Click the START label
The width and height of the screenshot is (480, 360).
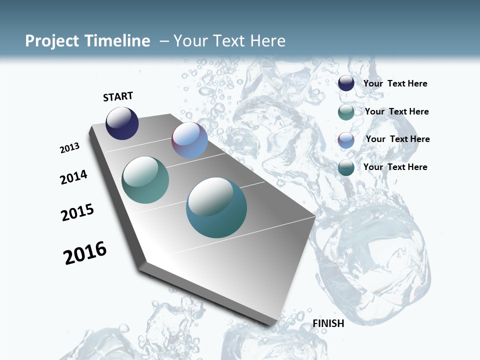pyautogui.click(x=118, y=96)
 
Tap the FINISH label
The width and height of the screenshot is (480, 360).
pyautogui.click(x=328, y=323)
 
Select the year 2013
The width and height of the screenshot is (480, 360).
pyautogui.click(x=70, y=148)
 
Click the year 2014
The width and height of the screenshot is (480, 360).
pyautogui.click(x=73, y=177)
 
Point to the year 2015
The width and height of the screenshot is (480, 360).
pyautogui.click(x=77, y=212)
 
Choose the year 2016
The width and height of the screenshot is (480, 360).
pyautogui.click(x=85, y=253)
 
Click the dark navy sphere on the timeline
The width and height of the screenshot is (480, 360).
pyautogui.click(x=122, y=123)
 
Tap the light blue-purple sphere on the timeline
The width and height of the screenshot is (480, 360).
pyautogui.click(x=189, y=140)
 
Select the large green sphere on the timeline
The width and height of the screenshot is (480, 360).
pyautogui.click(x=145, y=180)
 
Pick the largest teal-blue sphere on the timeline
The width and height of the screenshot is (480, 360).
pyautogui.click(x=216, y=207)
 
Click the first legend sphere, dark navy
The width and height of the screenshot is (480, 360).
pyautogui.click(x=346, y=83)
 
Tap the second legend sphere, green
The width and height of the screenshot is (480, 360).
pyautogui.click(x=346, y=112)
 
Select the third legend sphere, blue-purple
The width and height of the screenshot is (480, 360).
pyautogui.click(x=346, y=140)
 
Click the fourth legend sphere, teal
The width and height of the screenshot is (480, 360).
pyautogui.click(x=346, y=168)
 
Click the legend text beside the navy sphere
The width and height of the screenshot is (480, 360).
pyautogui.click(x=395, y=83)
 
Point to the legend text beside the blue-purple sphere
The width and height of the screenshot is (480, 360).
pyautogui.click(x=397, y=139)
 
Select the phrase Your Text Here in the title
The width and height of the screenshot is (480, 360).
pyautogui.click(x=229, y=41)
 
